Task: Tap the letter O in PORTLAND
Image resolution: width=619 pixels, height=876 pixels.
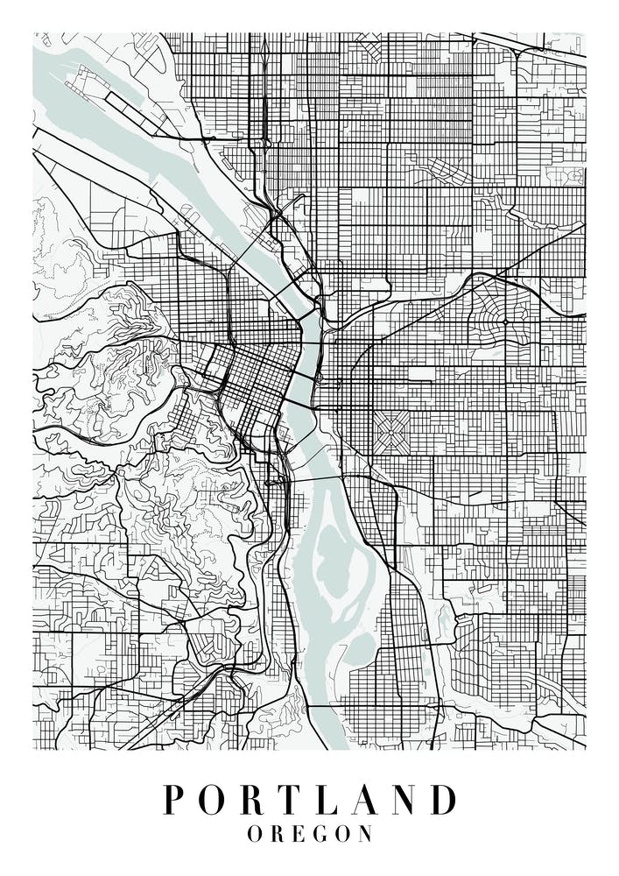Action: click(215, 800)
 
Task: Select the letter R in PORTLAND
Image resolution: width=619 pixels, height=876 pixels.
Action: click(257, 800)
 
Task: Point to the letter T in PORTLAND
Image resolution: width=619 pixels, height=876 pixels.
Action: click(295, 800)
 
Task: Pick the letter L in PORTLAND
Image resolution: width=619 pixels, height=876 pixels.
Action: click(332, 800)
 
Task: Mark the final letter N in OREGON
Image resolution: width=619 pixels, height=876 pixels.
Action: click(366, 834)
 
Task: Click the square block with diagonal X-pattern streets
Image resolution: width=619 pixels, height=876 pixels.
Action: click(390, 431)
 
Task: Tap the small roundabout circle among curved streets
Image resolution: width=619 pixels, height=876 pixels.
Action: click(505, 321)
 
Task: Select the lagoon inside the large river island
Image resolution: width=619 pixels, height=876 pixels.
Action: click(334, 561)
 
